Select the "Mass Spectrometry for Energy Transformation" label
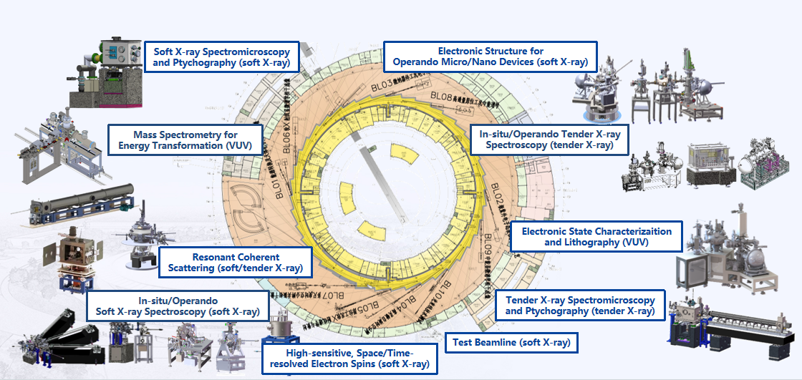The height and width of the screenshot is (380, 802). coord(185,140)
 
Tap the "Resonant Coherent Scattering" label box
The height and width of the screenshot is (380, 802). coord(236,263)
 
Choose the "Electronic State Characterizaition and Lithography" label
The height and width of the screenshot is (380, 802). coord(596,237)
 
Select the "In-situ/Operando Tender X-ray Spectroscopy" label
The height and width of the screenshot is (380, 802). coord(549,138)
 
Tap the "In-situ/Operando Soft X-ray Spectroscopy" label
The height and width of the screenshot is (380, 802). coord(178,306)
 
